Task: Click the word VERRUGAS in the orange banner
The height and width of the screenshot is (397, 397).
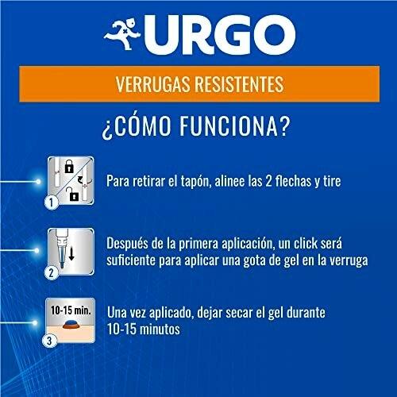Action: click(x=153, y=84)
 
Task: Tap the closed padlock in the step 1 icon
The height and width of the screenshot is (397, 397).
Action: click(x=69, y=166)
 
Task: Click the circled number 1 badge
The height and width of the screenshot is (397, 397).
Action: click(x=52, y=202)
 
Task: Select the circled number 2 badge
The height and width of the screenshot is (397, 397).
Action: click(x=52, y=272)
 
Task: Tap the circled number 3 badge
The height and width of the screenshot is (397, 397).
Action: click(x=49, y=341)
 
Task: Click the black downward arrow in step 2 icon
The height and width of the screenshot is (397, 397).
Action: click(x=71, y=253)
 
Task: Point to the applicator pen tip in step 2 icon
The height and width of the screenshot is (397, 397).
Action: click(x=62, y=264)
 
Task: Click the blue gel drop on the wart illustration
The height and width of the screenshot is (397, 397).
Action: click(x=71, y=322)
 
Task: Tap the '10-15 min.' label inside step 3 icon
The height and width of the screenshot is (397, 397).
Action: click(x=71, y=310)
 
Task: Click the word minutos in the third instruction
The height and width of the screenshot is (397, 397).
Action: click(x=160, y=330)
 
